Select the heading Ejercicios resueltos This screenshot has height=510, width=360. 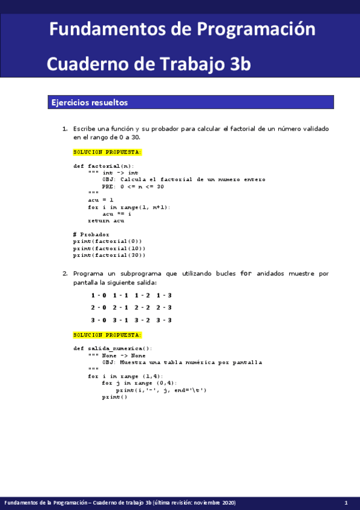[90, 103]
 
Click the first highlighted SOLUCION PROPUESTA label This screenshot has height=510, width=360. [108, 152]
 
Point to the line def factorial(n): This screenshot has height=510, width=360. [104, 166]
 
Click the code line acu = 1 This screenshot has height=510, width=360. [100, 200]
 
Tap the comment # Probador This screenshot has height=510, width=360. [91, 234]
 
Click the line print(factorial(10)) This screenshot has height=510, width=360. [109, 248]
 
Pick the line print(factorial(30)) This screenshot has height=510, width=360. [109, 255]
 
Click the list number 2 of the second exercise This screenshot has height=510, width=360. [65, 274]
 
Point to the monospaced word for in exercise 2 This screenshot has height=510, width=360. [245, 274]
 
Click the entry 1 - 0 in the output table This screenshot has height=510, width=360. [99, 295]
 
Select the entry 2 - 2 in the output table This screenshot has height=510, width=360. [143, 308]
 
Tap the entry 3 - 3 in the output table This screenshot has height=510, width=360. [164, 321]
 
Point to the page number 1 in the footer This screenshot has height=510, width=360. [346, 503]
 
